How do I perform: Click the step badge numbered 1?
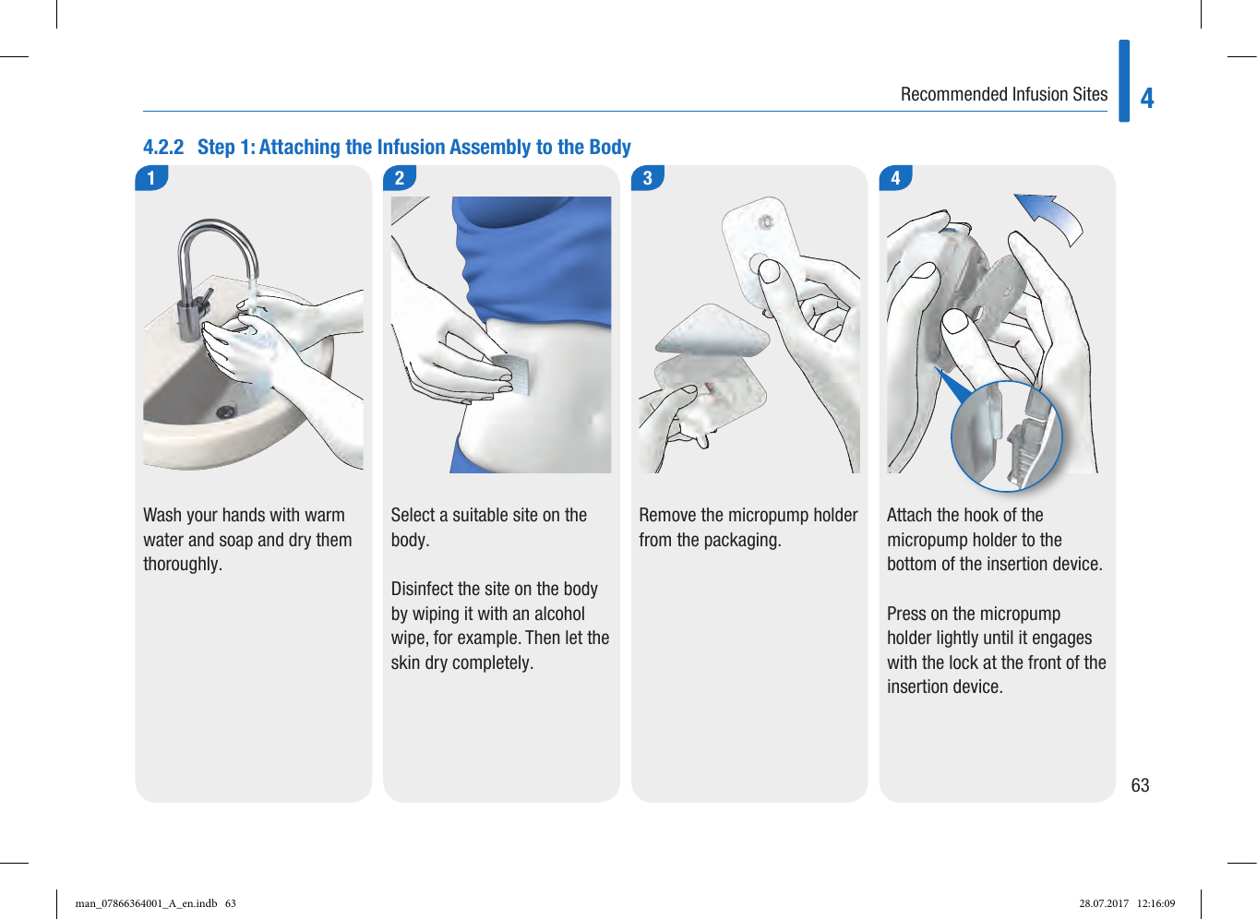tap(151, 178)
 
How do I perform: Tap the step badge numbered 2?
tap(400, 178)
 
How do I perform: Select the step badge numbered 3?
tap(648, 178)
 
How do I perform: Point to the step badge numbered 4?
tap(895, 178)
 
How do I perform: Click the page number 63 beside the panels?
tap(1140, 785)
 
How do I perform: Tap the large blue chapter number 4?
tap(1147, 98)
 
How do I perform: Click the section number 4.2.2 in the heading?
tap(163, 148)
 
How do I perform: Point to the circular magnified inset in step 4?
tap(1007, 436)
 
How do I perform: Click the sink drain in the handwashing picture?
tap(225, 412)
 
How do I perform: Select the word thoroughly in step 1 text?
tap(182, 565)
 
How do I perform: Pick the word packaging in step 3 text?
tap(743, 540)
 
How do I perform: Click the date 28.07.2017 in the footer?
tap(1104, 903)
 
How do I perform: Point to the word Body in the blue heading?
tap(610, 148)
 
